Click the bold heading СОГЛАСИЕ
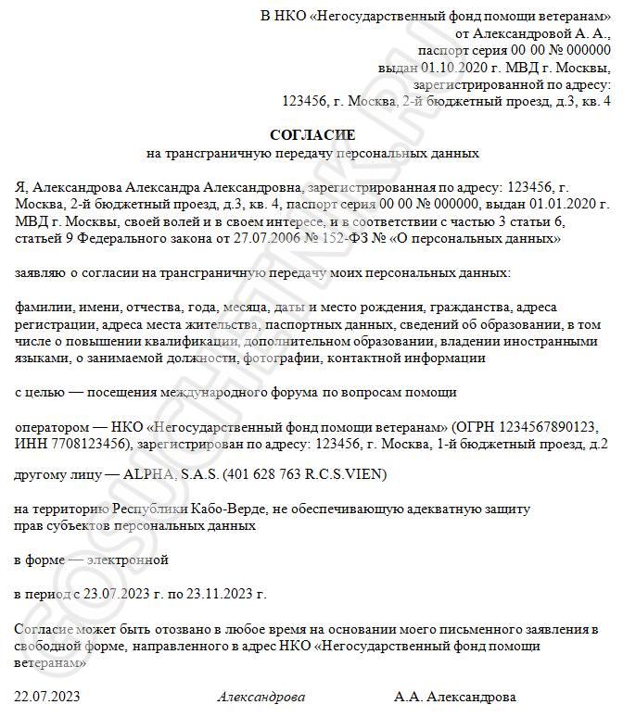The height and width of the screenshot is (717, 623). tap(311, 135)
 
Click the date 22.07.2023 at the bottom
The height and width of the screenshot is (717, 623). tap(47, 696)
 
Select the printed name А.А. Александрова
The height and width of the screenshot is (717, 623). tap(455, 696)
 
